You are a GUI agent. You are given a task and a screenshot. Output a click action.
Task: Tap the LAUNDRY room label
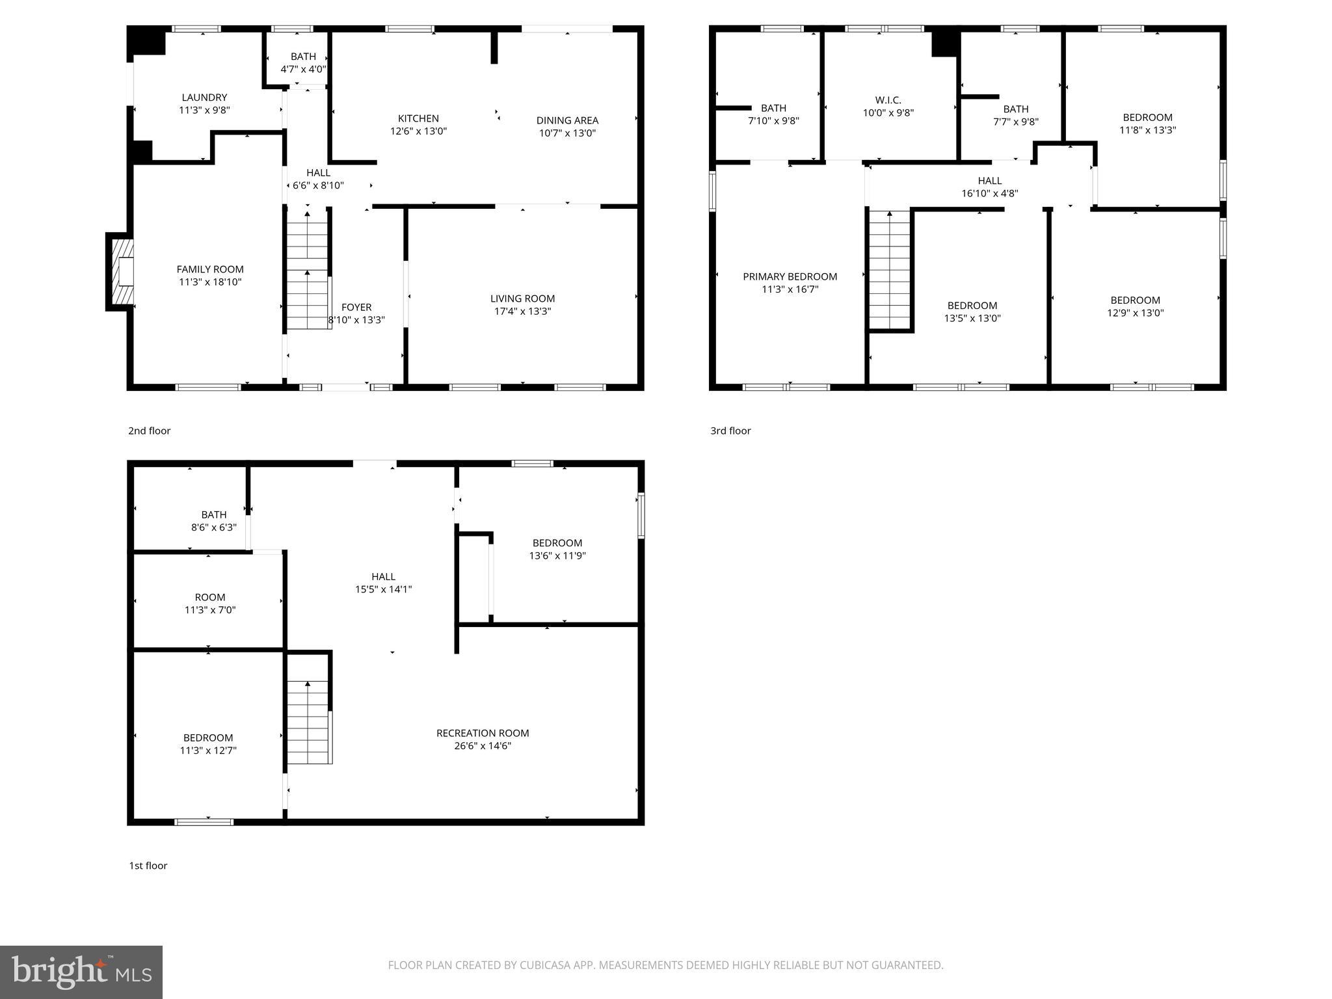204,98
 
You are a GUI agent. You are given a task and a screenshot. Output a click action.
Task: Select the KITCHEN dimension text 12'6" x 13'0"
418,131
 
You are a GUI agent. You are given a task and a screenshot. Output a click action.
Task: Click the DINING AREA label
567,120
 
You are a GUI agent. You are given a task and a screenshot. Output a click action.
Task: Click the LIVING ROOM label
522,299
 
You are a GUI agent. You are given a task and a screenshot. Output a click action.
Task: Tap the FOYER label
356,307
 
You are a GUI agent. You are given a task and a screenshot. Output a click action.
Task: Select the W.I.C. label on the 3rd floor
888,100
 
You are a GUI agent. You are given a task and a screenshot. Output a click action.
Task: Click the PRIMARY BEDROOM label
790,276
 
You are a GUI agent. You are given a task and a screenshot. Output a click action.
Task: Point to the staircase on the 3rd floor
889,270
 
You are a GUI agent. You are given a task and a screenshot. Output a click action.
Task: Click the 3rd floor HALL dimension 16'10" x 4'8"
989,193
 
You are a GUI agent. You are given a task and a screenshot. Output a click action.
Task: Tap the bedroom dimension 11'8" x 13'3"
1147,129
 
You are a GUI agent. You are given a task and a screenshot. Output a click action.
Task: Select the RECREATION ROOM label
483,733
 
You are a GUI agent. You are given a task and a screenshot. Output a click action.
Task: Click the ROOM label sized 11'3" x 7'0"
210,597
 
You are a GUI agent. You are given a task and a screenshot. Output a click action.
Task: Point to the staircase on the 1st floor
308,722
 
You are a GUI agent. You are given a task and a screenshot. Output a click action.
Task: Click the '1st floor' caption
148,866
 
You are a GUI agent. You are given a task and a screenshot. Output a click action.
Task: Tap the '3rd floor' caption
730,431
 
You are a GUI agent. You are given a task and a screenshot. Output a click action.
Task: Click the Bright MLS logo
81,972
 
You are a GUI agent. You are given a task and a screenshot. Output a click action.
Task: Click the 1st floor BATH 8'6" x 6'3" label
213,514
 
